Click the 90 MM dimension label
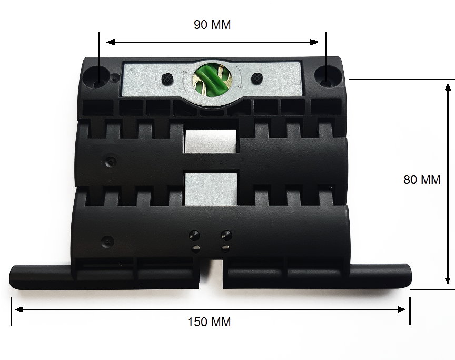click(x=212, y=25)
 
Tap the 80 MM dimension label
click(x=422, y=180)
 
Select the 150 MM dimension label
click(x=209, y=322)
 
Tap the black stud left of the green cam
click(x=167, y=78)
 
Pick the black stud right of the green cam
click(x=256, y=77)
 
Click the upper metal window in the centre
click(x=211, y=141)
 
